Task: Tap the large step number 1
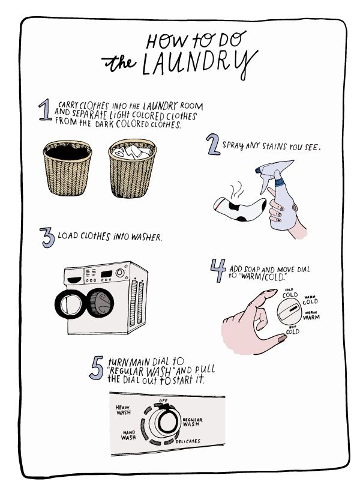(x=45, y=109)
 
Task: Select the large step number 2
(x=213, y=144)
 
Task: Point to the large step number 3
(x=47, y=238)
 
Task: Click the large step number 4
(x=218, y=270)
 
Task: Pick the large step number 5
(x=96, y=368)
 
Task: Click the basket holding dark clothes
(x=67, y=168)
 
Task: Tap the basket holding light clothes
(x=133, y=168)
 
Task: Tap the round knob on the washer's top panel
(x=120, y=273)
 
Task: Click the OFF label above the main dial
(x=163, y=401)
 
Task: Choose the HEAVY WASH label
(x=123, y=410)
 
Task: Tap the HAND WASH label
(x=128, y=435)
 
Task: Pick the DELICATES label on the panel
(x=188, y=441)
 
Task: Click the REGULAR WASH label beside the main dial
(x=193, y=422)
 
